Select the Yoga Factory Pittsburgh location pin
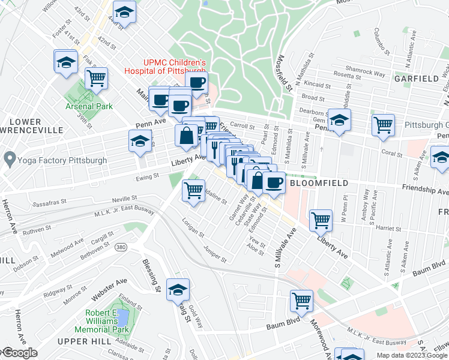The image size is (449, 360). click(9, 160)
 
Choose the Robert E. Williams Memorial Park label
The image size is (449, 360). click(101, 321)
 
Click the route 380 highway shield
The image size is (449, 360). click(121, 247)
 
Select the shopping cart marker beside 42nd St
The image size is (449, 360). click(96, 77)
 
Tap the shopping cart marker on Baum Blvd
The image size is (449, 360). click(301, 300)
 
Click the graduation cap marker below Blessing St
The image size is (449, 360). click(178, 289)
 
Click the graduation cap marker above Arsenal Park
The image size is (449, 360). click(66, 61)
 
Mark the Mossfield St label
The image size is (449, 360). click(285, 74)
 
